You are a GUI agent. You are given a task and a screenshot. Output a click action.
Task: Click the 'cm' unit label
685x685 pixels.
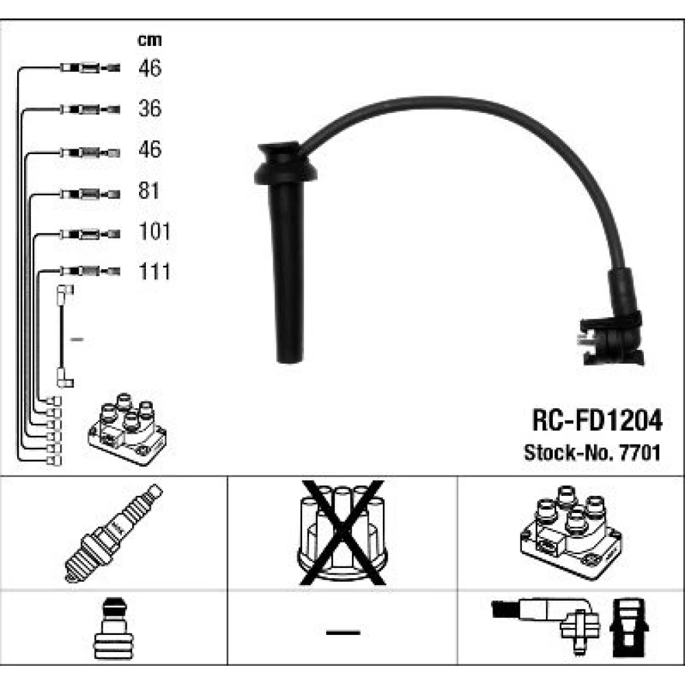(x=149, y=40)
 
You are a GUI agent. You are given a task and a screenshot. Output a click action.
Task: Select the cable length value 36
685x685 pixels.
(x=150, y=108)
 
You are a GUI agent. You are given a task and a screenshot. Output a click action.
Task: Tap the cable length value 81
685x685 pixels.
(x=149, y=190)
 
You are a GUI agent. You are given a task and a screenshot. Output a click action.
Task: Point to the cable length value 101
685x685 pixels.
(x=154, y=231)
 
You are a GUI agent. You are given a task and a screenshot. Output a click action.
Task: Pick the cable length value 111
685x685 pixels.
(x=154, y=271)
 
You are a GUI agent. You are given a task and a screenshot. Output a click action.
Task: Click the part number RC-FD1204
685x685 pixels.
(x=597, y=421)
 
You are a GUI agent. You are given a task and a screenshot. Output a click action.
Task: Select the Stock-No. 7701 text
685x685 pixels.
(x=593, y=453)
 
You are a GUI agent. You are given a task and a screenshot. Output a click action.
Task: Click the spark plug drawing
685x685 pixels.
(x=114, y=534)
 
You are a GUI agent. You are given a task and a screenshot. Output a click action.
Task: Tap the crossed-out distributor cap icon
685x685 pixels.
(x=342, y=532)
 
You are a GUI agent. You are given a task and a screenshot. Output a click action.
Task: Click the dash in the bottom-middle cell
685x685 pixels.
(x=343, y=632)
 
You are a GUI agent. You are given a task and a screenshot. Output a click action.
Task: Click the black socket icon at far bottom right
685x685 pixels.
(x=629, y=627)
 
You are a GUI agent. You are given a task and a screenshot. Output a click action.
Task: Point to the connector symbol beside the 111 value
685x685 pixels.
(x=90, y=271)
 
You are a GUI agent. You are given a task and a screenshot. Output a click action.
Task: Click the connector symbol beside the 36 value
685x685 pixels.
(x=90, y=109)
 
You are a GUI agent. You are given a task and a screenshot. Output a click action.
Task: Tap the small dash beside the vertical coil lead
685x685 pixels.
(x=77, y=339)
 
